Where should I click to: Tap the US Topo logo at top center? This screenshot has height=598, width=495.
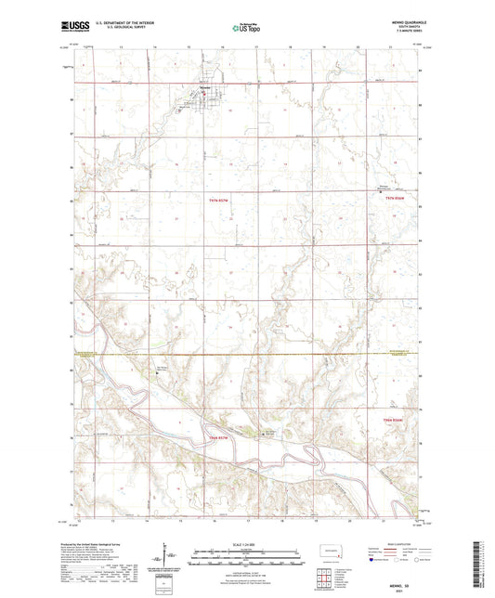(244, 29)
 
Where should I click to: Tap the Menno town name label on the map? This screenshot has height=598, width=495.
(202, 89)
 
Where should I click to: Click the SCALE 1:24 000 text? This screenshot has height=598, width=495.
(247, 544)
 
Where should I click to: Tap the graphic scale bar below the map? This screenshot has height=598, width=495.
(247, 553)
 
